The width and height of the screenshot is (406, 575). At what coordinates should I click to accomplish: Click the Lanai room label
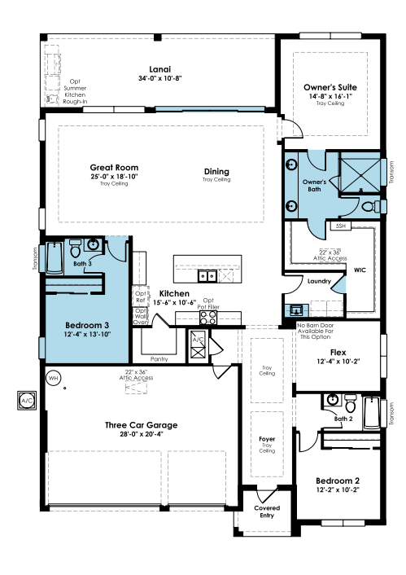[159, 69]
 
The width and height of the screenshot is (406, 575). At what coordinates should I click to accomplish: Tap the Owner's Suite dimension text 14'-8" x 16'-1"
[330, 96]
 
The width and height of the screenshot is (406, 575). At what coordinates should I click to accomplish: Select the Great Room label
[114, 167]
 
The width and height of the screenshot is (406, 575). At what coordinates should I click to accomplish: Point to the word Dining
[216, 171]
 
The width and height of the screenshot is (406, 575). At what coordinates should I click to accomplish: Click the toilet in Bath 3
[76, 248]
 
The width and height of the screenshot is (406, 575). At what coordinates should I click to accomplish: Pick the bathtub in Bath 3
[55, 258]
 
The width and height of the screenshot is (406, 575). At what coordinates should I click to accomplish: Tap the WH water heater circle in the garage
[54, 378]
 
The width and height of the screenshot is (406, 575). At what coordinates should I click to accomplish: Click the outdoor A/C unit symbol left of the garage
[27, 400]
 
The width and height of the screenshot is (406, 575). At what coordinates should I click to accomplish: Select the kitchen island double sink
[207, 275]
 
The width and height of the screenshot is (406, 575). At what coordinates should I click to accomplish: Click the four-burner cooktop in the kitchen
[208, 318]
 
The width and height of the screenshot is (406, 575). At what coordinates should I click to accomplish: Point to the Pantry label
[159, 359]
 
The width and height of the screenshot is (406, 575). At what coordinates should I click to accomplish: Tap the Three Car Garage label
[141, 425]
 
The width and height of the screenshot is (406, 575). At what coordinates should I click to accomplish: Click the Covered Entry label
[267, 511]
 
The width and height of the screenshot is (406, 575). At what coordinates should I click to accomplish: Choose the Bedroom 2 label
[338, 481]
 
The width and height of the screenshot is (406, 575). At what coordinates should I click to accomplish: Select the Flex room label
[338, 353]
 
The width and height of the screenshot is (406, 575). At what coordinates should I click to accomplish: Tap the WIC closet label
[360, 270]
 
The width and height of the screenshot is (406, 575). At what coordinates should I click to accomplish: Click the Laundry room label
[319, 281]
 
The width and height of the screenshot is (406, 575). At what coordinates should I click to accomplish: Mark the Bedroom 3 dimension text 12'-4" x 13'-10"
[87, 334]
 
